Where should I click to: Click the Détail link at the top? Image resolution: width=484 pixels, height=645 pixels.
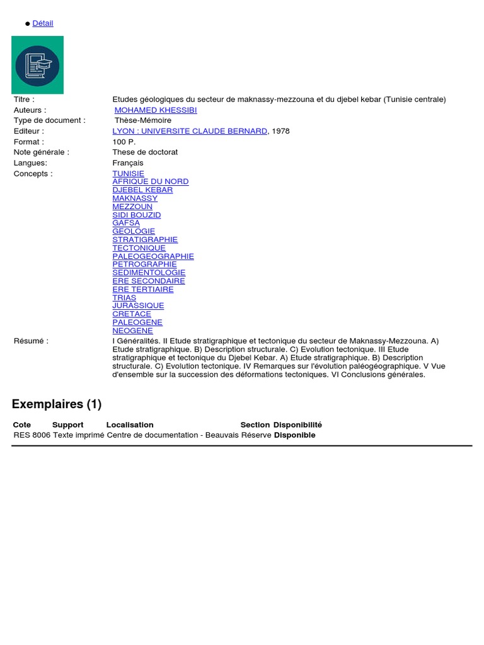pos(43,23)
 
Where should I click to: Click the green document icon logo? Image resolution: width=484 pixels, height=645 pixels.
pos(37,65)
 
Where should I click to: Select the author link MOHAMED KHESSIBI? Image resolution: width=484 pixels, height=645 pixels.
pos(156,110)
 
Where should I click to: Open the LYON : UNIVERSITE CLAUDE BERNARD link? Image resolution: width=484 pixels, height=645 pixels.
pos(190,131)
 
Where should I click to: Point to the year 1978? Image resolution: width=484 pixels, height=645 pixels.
pos(281,131)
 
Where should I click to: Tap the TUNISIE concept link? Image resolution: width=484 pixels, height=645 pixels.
pos(128,173)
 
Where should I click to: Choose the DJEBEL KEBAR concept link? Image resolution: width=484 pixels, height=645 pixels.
pos(142,190)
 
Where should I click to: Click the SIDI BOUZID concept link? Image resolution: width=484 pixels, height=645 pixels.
pos(136,215)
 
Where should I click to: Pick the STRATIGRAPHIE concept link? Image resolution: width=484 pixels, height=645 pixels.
pos(145,239)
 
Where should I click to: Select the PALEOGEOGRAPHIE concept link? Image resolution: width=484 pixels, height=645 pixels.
pos(153,256)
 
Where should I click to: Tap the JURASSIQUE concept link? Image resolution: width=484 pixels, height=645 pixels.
pos(138,305)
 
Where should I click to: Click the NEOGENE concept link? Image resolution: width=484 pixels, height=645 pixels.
pos(132,331)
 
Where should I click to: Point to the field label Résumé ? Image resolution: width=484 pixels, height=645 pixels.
pos(31,341)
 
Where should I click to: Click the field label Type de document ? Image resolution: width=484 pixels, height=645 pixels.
pos(49,120)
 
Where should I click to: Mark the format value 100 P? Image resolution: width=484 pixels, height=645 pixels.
pos(124,142)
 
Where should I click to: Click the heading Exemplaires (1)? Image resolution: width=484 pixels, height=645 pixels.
pos(57,404)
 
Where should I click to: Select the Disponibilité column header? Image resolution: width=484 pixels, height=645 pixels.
pos(297,425)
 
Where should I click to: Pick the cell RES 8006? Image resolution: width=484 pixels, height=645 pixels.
pos(32,435)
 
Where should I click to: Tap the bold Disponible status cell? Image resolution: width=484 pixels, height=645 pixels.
pos(294,435)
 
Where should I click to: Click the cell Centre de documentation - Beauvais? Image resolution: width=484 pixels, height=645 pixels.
pos(173,435)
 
